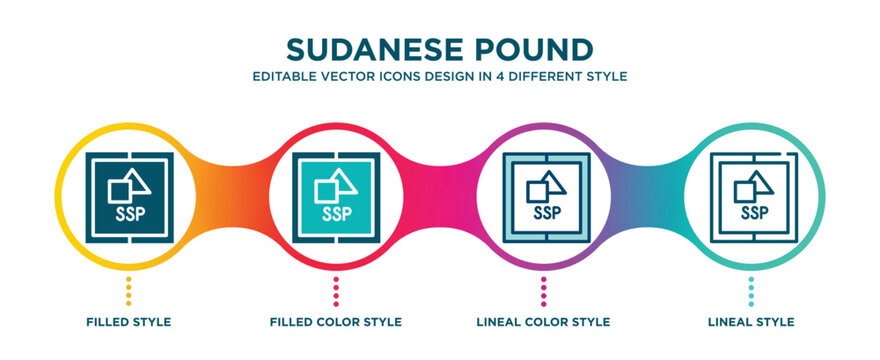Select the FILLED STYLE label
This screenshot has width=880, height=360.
[128, 322]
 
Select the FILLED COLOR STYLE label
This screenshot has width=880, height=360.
[336, 322]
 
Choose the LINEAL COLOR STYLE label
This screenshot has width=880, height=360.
[543, 322]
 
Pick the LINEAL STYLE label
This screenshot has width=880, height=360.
[750, 322]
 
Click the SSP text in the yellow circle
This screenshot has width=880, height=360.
[127, 213]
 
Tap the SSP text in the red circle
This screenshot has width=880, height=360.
[336, 213]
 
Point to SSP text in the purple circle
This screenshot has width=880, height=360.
[546, 212]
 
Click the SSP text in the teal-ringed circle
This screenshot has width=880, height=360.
[754, 212]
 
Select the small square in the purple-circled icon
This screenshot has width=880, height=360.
[537, 190]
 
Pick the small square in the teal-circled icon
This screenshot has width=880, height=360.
[745, 190]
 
